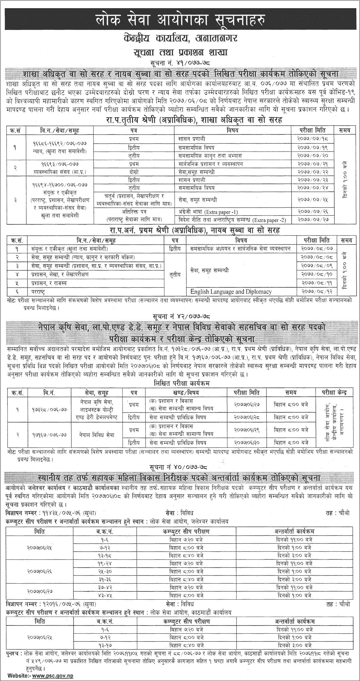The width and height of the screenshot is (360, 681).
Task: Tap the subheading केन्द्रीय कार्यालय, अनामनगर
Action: (x=180, y=38)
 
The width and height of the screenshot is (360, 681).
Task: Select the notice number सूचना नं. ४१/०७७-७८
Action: (x=180, y=63)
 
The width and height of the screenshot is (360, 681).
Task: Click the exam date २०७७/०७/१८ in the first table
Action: (x=312, y=139)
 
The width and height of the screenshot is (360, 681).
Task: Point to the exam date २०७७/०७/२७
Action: (x=312, y=220)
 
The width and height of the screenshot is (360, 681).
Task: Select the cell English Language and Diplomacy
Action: (x=231, y=291)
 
